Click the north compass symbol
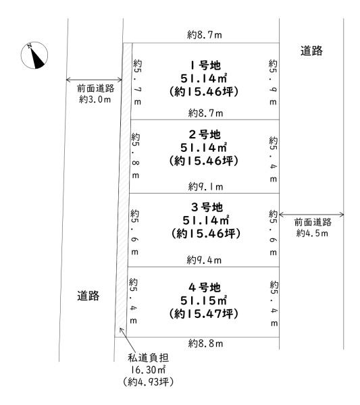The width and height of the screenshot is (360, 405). click(34, 55)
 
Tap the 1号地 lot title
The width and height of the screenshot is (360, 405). click(205, 65)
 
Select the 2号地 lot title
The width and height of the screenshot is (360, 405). click(205, 134)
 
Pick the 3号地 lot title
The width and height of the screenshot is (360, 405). click(207, 207)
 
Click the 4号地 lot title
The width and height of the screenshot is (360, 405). click(205, 288)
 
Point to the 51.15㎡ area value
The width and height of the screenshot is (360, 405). click(204, 300)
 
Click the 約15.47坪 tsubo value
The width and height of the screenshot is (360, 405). click(204, 314)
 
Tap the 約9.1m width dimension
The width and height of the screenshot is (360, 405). click(205, 186)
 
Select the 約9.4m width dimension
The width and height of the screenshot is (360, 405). click(204, 260)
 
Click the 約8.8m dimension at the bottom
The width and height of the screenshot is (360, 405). click(205, 344)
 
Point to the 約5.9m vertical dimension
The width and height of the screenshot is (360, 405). click(273, 82)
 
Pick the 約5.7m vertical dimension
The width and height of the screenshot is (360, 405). click(138, 82)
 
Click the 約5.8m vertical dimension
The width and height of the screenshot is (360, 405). click(135, 156)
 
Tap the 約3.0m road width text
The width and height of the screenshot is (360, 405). click(95, 99)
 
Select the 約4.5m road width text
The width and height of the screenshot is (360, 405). click(312, 233)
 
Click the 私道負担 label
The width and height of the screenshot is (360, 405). click(149, 358)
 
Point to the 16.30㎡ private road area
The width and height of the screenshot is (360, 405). click(149, 370)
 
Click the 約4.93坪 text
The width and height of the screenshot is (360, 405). click(149, 382)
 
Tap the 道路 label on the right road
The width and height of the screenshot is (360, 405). click(311, 51)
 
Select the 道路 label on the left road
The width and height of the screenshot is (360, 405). click(88, 296)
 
